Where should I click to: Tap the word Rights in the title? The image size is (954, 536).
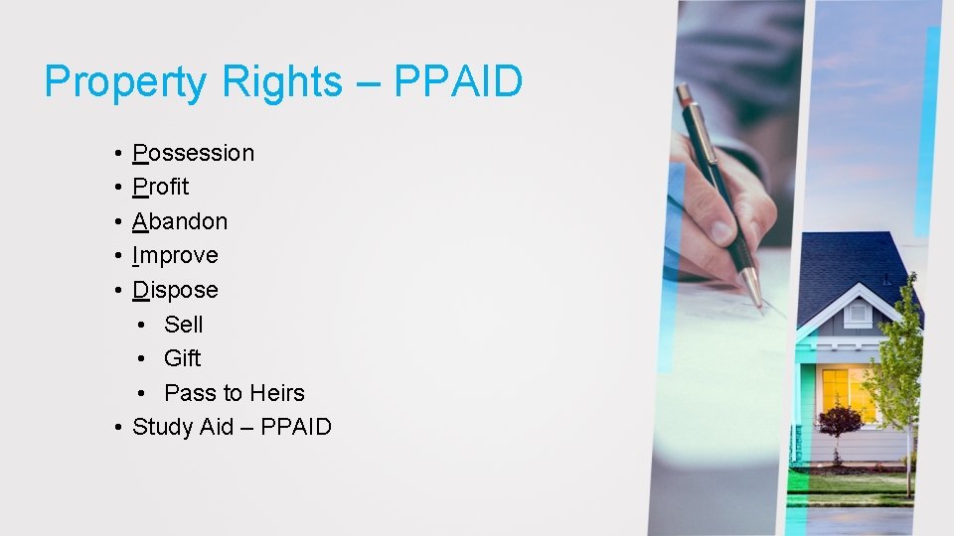(281, 81)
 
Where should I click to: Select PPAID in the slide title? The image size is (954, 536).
(458, 81)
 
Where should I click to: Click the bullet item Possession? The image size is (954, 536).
(193, 153)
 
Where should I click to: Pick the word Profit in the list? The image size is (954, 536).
(160, 187)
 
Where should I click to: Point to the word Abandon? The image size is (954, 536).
(180, 221)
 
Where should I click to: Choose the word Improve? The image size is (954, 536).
(175, 255)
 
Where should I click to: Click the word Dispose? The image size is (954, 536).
(175, 290)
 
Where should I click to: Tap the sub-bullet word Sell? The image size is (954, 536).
(184, 325)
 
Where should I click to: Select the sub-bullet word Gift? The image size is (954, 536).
(183, 358)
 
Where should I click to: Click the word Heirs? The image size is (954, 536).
(277, 393)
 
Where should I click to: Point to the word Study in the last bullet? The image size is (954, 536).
(163, 427)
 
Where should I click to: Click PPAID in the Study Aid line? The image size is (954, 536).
(296, 427)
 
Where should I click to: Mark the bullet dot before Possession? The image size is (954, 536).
(117, 154)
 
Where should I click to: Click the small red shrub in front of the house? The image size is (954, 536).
(841, 420)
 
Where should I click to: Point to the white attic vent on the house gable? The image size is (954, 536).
(857, 313)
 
